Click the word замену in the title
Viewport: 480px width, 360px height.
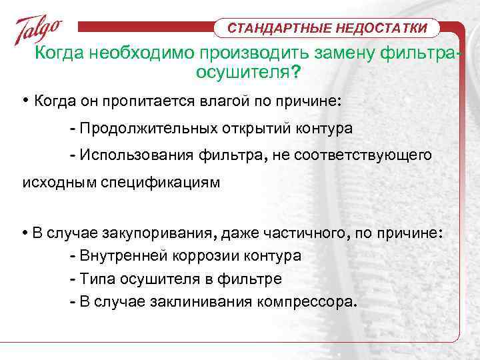333,53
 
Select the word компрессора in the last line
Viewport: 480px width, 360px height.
305,301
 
